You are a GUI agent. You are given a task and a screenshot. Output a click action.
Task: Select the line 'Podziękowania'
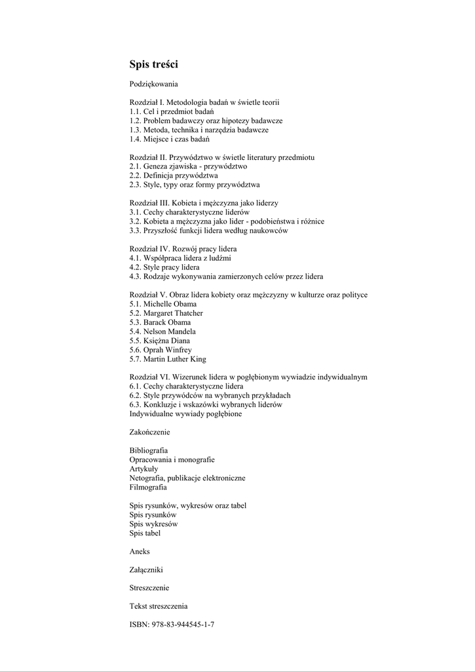coord(154,85)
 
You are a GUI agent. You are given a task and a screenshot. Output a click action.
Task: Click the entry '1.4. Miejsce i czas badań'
coord(170,140)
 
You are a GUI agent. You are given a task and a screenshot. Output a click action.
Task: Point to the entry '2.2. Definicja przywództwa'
coord(174,176)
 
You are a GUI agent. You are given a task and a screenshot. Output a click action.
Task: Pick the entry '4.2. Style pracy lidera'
coord(164,267)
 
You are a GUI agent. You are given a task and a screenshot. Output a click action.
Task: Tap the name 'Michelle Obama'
coord(172,304)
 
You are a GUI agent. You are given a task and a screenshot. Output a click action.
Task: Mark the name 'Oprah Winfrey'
coord(170,350)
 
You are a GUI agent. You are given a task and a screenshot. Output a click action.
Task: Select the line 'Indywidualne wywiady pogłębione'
coord(185,414)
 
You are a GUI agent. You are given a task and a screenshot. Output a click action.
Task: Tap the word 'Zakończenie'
coord(150,432)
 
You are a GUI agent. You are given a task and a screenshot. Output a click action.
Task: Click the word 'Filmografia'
coord(148,488)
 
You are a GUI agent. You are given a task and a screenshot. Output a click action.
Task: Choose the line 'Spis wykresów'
coord(153,524)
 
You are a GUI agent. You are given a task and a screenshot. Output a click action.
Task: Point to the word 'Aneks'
coord(140,552)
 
